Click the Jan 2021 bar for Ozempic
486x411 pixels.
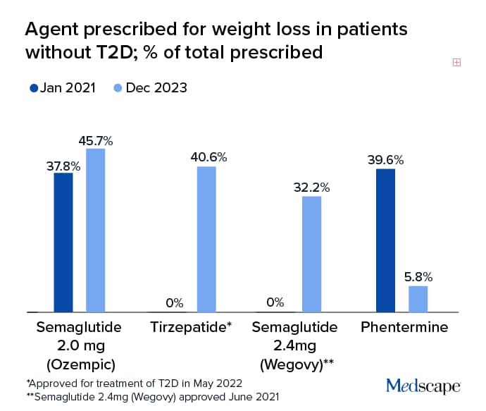(63, 242)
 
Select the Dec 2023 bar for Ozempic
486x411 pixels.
(96, 230)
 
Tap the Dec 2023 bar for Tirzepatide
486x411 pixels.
(206, 239)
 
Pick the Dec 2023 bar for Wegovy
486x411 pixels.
(312, 254)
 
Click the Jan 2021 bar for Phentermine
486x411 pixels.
(385, 240)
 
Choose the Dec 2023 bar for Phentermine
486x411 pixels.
(418, 298)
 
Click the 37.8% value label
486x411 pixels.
(63, 166)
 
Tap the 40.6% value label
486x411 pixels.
(208, 158)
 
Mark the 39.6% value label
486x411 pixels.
(385, 160)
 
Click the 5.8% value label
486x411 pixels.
(418, 277)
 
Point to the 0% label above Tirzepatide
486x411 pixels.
(174, 303)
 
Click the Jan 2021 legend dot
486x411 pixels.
(33, 88)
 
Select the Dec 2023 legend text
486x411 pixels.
(156, 88)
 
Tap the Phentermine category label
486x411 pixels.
(404, 327)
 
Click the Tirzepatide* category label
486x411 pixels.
(191, 327)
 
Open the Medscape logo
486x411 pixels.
(423, 385)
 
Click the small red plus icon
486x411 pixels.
(456, 62)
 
